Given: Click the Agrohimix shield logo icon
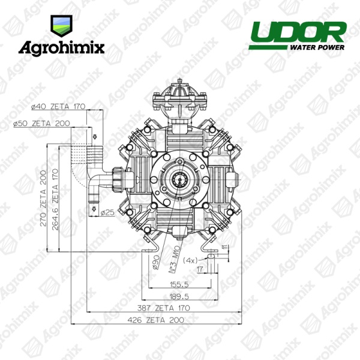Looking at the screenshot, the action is [61, 26].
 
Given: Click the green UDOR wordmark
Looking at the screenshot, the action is [298, 32].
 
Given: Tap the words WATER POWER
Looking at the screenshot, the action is [317, 47].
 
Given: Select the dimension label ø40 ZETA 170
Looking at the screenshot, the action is [58, 107].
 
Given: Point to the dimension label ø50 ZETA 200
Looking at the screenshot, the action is [41, 124].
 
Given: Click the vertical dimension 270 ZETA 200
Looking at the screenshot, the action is [43, 198].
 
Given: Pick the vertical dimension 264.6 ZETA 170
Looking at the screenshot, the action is [55, 200].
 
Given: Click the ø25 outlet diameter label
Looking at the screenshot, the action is [107, 213].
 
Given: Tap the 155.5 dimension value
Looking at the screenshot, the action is [179, 284].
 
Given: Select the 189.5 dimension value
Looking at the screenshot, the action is [179, 296].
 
